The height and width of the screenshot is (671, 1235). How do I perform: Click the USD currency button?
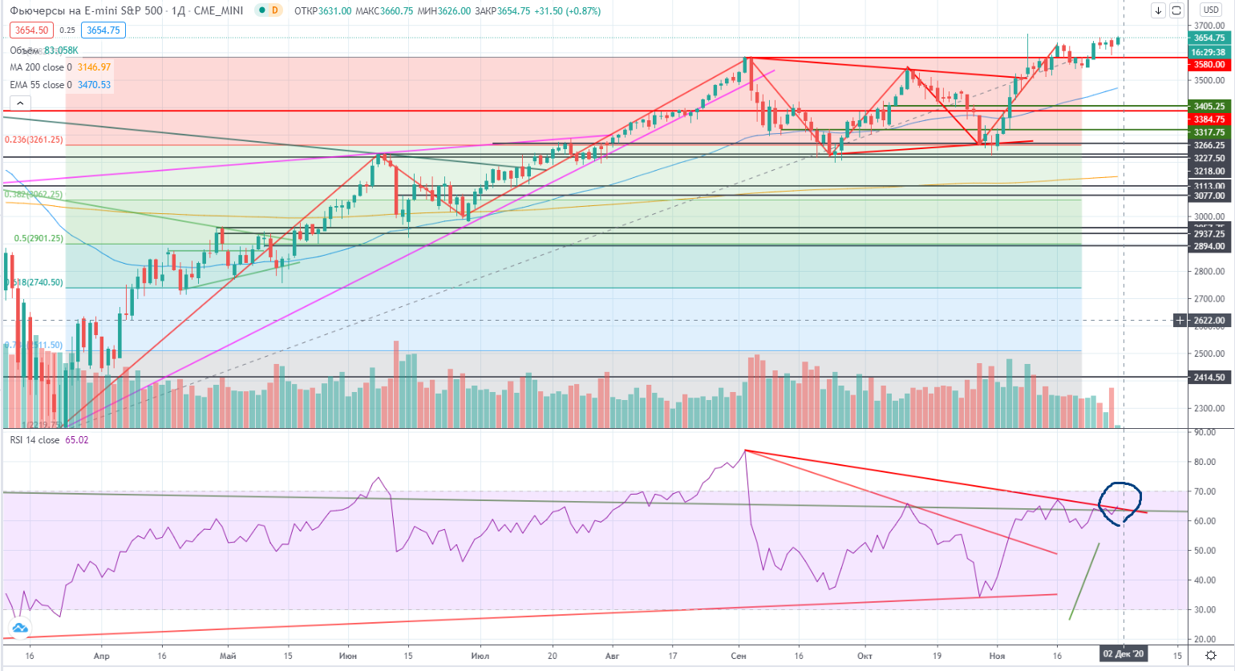coord(1210,10)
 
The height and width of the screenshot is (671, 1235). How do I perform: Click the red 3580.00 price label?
coord(1209,65)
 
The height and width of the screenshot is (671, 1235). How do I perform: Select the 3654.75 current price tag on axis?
coord(1209,38)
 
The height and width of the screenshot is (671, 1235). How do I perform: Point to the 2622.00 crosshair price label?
coord(1209,321)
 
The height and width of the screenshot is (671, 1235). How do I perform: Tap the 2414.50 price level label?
coord(1209,378)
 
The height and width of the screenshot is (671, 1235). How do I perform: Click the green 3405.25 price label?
coord(1209,107)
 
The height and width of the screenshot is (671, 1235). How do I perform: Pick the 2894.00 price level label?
coord(1209,247)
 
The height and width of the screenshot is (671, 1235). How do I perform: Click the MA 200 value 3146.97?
coord(95,67)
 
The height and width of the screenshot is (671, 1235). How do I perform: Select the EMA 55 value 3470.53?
coord(94,85)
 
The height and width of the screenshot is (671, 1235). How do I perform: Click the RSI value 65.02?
coord(77,440)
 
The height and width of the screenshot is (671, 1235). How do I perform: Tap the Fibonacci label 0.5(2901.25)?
coord(38,239)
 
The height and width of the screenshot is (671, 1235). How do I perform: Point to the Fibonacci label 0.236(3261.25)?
coord(34,139)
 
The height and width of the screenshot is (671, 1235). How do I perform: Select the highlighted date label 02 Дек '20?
coord(1124,655)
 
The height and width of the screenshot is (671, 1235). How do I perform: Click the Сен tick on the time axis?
coord(739,656)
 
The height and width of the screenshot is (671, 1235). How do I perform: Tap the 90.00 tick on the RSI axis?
coord(1204,433)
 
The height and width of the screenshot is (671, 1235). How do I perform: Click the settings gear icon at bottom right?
coord(1211,656)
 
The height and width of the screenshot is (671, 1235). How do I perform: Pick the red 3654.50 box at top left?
coord(31,30)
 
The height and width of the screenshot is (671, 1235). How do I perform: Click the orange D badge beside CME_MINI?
coord(275,10)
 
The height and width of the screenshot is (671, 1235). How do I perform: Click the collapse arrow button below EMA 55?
coord(20,103)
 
